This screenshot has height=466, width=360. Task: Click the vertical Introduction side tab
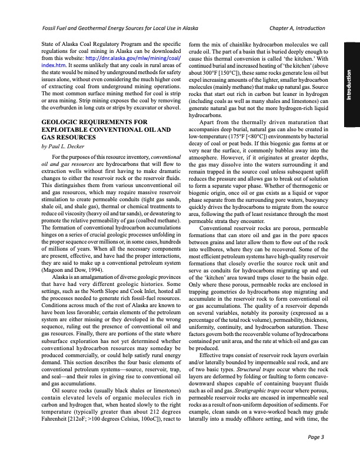349,85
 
